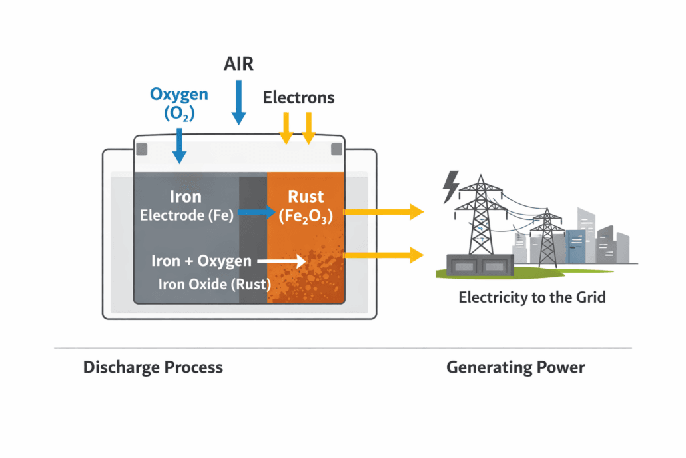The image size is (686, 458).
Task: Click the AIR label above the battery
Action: [238, 65]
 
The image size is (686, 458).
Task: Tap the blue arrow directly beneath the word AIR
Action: [238, 103]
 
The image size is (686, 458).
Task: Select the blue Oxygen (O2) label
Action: [178, 104]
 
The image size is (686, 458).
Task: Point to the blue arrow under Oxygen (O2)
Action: [179, 145]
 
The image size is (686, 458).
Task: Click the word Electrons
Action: [298, 97]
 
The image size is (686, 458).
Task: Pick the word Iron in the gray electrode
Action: [186, 196]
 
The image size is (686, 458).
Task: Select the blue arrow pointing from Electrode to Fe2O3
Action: [256, 213]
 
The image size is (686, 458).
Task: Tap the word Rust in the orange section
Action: [306, 196]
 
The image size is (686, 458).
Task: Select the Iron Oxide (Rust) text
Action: [214, 284]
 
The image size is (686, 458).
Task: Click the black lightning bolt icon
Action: [451, 186]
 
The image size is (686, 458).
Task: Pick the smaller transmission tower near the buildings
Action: [547, 237]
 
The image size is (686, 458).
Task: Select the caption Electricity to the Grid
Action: [532, 297]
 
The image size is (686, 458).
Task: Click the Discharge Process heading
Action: [153, 367]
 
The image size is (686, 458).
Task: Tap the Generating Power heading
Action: [515, 367]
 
